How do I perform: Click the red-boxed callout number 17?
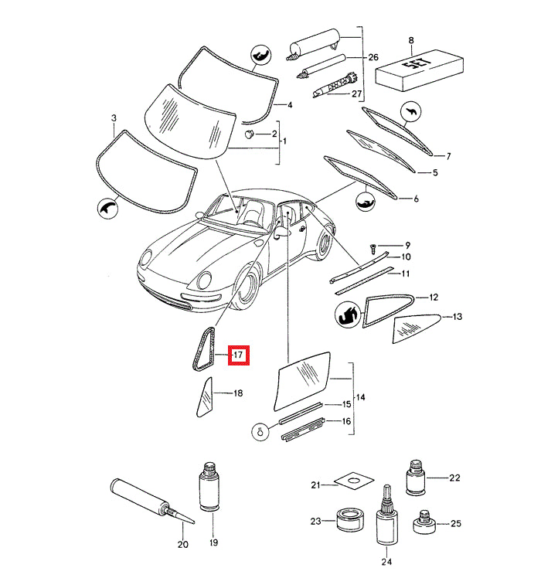(238, 355)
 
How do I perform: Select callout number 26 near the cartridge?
(373, 58)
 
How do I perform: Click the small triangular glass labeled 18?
(204, 397)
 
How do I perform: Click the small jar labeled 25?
(423, 524)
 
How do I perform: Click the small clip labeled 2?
(250, 134)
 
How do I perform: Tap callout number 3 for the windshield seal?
(114, 118)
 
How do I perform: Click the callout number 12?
(434, 297)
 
